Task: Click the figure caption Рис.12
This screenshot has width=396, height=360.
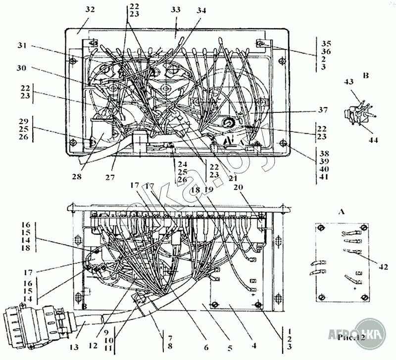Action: [x=352, y=338]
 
